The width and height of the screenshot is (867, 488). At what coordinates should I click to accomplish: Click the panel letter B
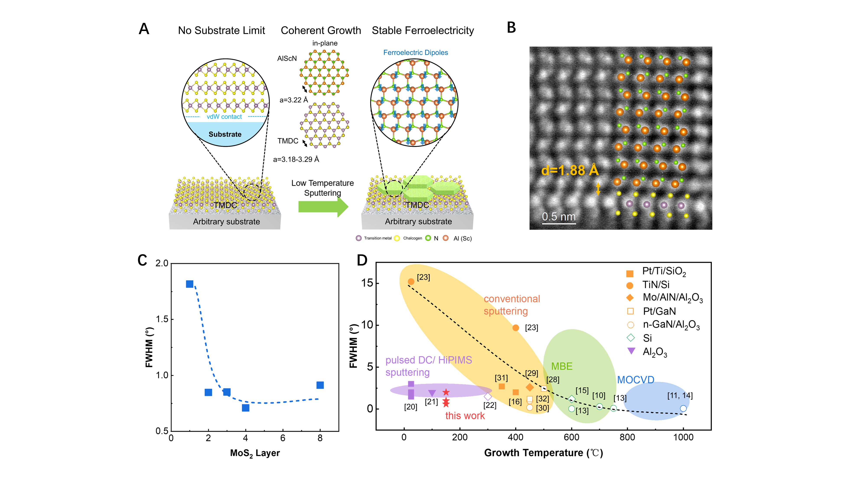tap(511, 28)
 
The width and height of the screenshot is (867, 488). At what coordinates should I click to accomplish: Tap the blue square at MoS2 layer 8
tap(320, 385)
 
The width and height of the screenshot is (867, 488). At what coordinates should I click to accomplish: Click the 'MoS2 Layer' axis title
tap(255, 453)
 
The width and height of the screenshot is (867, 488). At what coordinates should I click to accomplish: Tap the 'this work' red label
tap(465, 416)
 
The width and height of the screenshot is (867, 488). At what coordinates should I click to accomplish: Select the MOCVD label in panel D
tap(636, 380)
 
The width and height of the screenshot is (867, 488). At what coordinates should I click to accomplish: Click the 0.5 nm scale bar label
tap(559, 216)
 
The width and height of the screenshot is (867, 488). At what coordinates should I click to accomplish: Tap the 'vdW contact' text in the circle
tap(224, 116)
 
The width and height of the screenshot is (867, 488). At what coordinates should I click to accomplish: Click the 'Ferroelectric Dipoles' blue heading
tap(416, 52)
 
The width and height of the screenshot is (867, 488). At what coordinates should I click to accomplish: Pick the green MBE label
tap(562, 366)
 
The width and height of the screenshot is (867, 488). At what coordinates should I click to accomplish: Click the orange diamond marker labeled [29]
tap(530, 387)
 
